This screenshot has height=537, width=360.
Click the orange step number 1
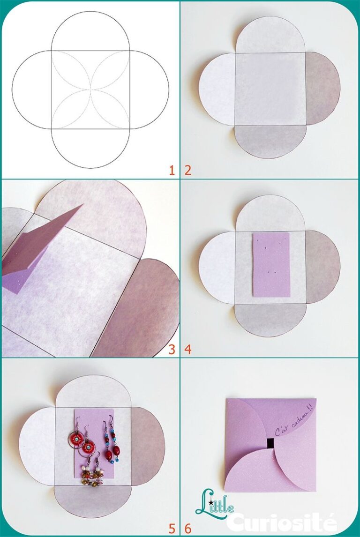[x=172, y=170]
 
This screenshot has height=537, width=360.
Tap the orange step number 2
[x=188, y=170]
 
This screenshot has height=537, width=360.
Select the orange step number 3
[x=172, y=349]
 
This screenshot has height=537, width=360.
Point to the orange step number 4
[x=188, y=349]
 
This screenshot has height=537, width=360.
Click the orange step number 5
[x=172, y=529]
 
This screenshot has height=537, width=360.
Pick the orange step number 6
[x=188, y=529]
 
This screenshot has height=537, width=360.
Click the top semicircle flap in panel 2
[x=270, y=37]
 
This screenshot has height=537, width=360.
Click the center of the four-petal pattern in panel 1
[x=90, y=89]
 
